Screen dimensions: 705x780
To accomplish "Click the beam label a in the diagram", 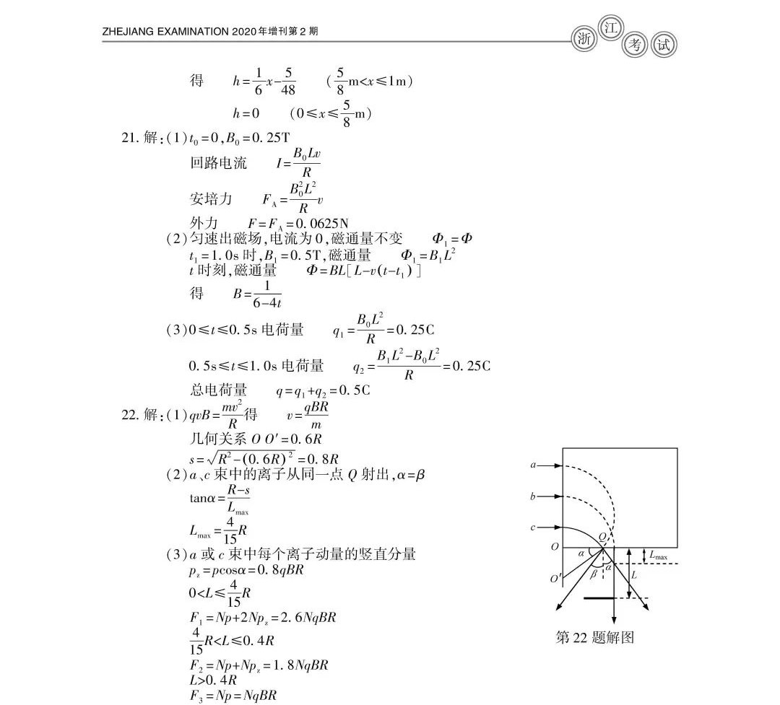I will (533, 465).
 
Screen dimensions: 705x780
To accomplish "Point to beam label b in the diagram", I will (533, 496).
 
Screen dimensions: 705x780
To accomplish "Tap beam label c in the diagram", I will (533, 527).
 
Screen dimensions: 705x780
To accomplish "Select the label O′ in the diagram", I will (555, 579).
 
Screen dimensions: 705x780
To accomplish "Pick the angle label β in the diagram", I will (594, 574).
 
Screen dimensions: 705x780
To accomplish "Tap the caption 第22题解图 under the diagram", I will (594, 637).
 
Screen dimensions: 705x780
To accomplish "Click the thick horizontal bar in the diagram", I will (603, 598).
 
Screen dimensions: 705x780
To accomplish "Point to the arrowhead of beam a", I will (558, 465).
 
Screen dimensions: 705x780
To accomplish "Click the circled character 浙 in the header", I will (583, 40).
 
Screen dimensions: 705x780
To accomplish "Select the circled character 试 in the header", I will (664, 45).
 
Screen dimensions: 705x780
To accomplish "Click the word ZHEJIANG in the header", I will (130, 32).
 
